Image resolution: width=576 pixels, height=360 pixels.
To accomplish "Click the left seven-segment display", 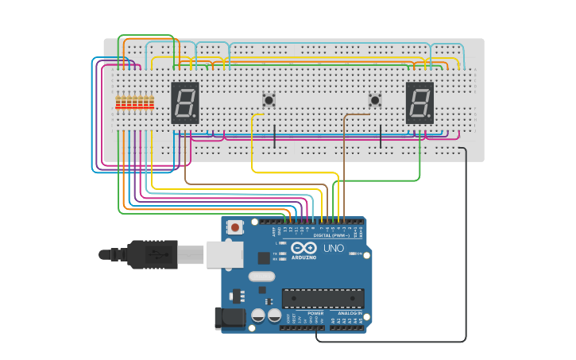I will [x=185, y=103].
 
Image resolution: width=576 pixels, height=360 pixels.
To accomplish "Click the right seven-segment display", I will [x=419, y=103].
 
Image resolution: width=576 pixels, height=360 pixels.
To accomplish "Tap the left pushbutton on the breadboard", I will [x=269, y=100].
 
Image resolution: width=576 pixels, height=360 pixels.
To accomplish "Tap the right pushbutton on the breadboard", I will [x=375, y=100].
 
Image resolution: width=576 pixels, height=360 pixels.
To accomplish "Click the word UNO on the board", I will [x=334, y=248].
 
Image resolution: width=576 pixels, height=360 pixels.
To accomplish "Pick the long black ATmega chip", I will [x=323, y=299].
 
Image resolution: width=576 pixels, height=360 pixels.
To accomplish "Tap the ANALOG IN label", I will [x=350, y=313].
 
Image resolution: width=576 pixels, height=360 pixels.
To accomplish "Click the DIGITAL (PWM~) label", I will [x=331, y=235].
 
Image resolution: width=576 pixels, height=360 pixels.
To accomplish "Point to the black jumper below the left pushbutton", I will [x=274, y=136].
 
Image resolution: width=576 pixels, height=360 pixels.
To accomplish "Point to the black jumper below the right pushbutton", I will [x=381, y=136].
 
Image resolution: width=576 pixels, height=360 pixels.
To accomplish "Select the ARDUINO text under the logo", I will [x=303, y=257].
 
